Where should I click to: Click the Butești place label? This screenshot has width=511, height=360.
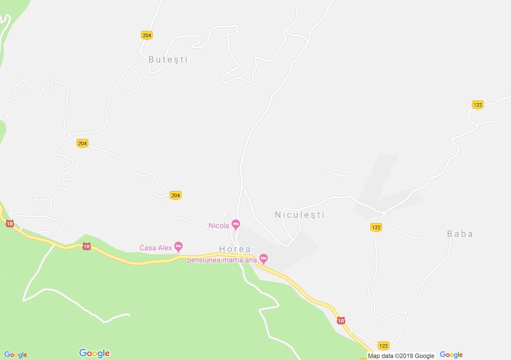[168, 60]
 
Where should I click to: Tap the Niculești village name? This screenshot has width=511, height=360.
[299, 215]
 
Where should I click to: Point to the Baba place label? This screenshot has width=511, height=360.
[460, 234]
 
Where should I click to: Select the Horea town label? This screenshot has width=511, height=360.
[235, 249]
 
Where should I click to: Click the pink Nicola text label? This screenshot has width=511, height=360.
[219, 226]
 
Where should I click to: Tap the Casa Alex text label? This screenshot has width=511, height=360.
[156, 248]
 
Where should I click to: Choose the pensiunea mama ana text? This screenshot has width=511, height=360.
[222, 260]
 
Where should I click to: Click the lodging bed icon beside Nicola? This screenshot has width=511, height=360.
[236, 224]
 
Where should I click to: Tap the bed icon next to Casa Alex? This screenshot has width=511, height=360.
[178, 247]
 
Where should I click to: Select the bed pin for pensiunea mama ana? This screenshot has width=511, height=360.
[263, 258]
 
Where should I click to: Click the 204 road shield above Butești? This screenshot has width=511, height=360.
[147, 35]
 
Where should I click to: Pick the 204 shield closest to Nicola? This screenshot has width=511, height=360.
[175, 195]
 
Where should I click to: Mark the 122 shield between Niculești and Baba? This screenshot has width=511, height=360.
[376, 227]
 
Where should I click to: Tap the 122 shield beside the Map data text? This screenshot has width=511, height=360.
[383, 346]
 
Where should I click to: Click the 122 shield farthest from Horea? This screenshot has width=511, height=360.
[478, 105]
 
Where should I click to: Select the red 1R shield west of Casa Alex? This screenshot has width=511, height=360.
[86, 247]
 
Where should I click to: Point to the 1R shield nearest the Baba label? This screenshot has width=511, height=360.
[341, 321]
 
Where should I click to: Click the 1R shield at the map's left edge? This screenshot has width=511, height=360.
[10, 224]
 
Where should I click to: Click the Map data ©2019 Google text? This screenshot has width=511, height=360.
[401, 356]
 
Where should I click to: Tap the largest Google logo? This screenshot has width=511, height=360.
[94, 353]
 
